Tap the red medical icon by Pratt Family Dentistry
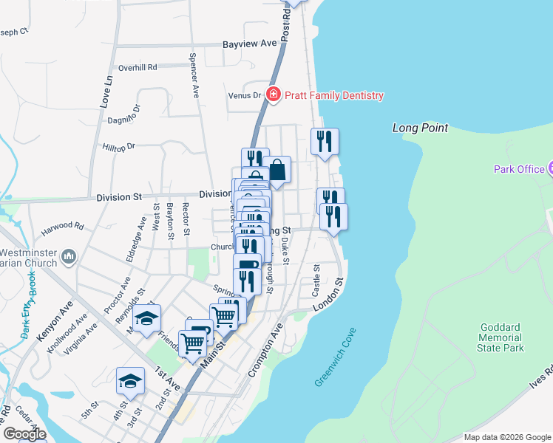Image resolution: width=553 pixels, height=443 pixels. [274, 95]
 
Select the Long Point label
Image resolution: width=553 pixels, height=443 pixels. [420, 128]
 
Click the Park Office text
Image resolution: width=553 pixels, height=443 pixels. [519, 169]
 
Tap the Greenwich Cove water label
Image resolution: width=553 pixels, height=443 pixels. [333, 357]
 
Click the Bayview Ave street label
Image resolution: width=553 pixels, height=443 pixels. [250, 44]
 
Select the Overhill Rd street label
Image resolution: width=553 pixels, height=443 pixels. [138, 67]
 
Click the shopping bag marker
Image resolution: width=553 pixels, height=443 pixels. [277, 170]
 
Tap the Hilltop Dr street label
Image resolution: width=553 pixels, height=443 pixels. [119, 147]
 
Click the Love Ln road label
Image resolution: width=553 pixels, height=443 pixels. [107, 89]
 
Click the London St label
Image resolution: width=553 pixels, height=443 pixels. [330, 294]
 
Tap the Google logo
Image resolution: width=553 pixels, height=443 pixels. [24, 434]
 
